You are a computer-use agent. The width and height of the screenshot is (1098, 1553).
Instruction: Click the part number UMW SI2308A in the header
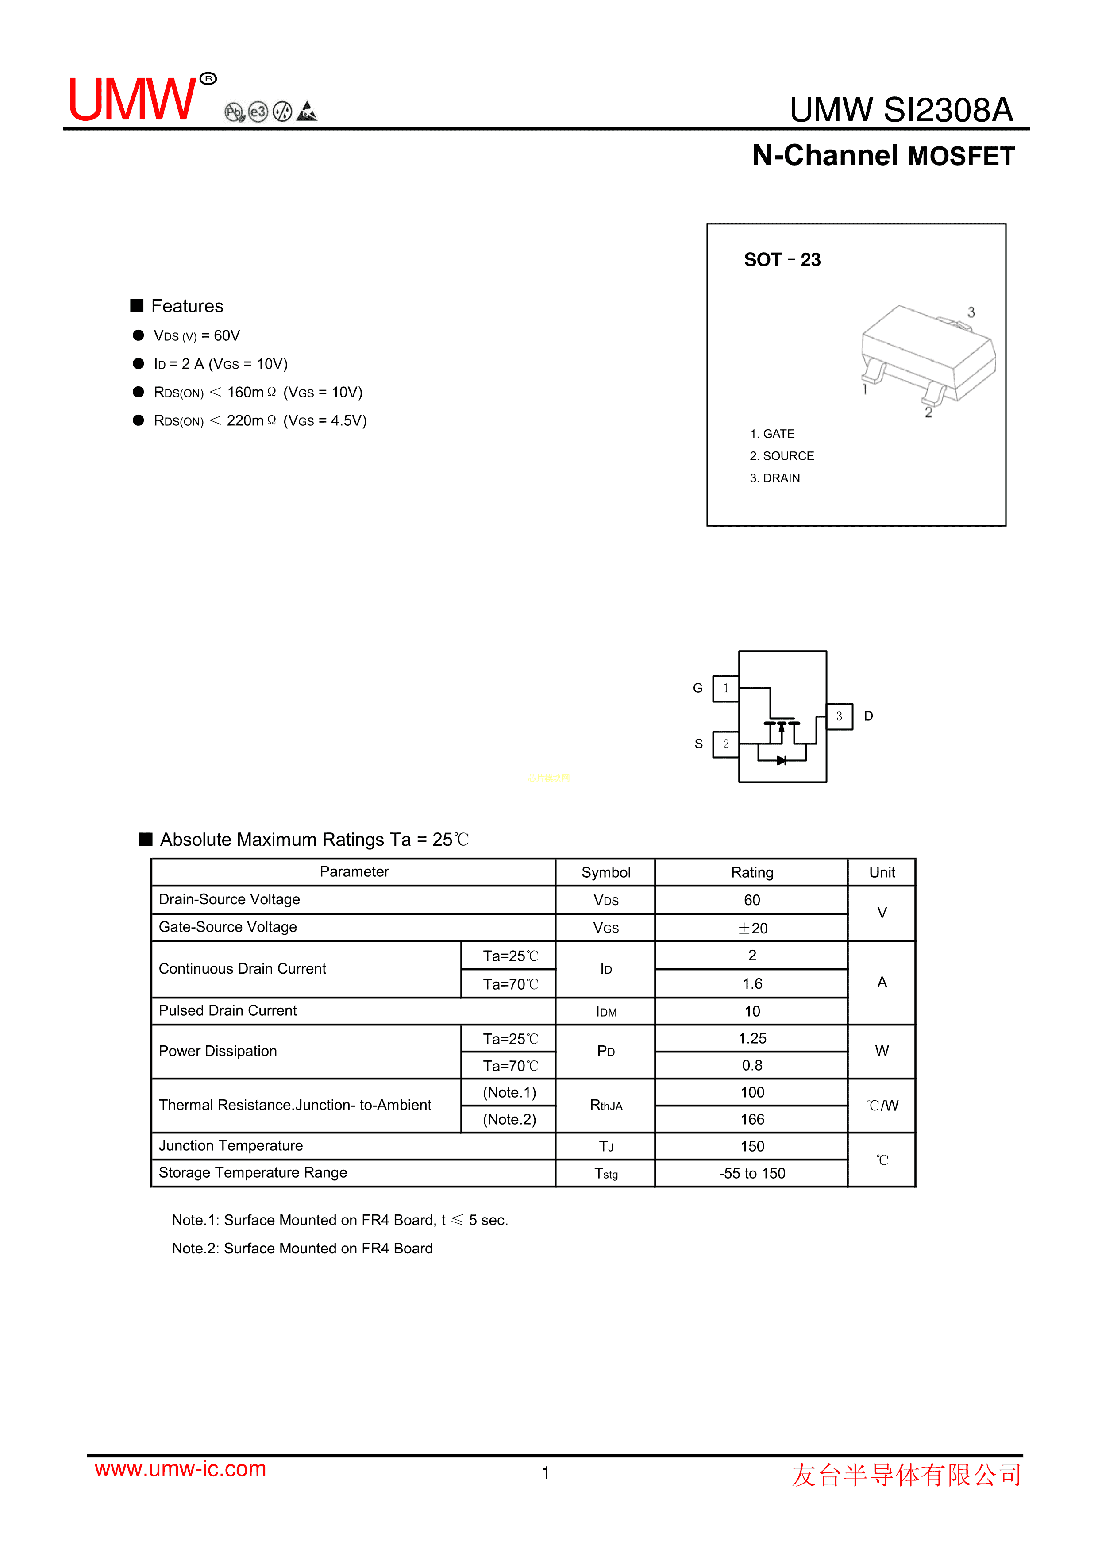pyautogui.click(x=901, y=110)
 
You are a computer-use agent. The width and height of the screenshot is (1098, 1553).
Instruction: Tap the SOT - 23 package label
pyautogui.click(x=782, y=260)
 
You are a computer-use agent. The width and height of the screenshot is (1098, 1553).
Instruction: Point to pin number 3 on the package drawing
pyautogui.click(x=971, y=312)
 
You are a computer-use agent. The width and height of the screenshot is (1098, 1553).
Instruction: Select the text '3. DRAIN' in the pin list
pyautogui.click(x=774, y=478)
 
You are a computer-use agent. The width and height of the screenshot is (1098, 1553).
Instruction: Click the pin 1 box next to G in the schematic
pyautogui.click(x=725, y=689)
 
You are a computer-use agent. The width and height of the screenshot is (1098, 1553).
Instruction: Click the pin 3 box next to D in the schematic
pyautogui.click(x=839, y=716)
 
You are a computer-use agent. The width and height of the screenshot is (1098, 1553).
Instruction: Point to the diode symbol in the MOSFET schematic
pyautogui.click(x=782, y=760)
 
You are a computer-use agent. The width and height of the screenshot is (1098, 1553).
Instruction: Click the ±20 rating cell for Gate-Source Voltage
pyautogui.click(x=751, y=928)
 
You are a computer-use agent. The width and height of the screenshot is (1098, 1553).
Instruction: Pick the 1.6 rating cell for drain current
pyautogui.click(x=751, y=983)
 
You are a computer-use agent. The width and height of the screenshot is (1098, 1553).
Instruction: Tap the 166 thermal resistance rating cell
pyautogui.click(x=751, y=1119)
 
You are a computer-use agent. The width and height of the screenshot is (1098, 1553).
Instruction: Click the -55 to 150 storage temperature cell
pyautogui.click(x=751, y=1174)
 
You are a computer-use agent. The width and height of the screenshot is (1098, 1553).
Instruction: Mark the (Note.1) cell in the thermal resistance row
pyautogui.click(x=509, y=1092)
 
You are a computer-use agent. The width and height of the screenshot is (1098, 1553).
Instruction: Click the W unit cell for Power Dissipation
pyautogui.click(x=882, y=1051)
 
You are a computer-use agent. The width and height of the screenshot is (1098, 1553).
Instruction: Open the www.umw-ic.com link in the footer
pyautogui.click(x=181, y=1468)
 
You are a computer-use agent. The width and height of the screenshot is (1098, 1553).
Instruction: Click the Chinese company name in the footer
pyautogui.click(x=906, y=1475)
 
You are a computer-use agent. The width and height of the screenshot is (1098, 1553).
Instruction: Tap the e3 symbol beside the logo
pyautogui.click(x=258, y=112)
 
